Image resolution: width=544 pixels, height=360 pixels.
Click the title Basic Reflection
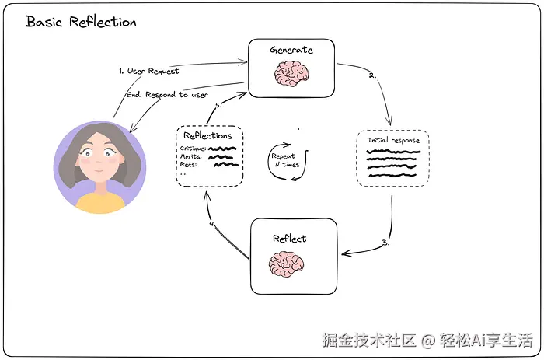(x=81, y=22)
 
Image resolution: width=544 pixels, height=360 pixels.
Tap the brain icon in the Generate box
(x=291, y=74)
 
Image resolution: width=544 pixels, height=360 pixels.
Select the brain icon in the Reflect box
(x=286, y=264)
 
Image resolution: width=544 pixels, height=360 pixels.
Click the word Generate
(x=291, y=50)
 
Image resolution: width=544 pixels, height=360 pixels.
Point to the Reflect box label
(x=289, y=239)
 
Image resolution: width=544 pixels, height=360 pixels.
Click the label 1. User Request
(x=149, y=71)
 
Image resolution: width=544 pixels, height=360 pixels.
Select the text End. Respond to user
(x=167, y=95)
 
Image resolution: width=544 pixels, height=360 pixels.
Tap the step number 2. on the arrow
(x=372, y=75)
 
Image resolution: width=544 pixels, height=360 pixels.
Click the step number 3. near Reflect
(x=386, y=243)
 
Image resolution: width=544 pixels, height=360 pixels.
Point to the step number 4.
(x=212, y=224)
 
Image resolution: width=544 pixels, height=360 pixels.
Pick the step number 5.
(x=218, y=105)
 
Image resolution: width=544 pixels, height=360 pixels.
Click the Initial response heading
(x=393, y=140)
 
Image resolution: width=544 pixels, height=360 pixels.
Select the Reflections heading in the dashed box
(x=207, y=135)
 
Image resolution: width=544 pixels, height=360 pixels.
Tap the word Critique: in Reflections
(x=193, y=149)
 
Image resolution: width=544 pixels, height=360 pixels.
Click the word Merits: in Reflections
(x=190, y=156)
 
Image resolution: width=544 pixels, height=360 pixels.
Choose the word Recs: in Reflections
(x=188, y=165)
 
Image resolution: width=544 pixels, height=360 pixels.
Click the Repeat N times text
(x=285, y=160)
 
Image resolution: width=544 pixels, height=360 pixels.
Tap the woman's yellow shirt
(x=100, y=203)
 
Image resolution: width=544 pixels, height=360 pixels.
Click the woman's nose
(x=99, y=162)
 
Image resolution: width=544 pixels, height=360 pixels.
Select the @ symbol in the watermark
(x=428, y=341)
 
